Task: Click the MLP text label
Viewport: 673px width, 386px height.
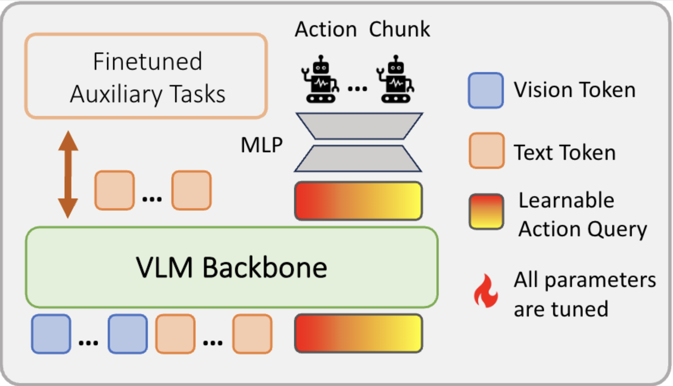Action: [x=262, y=145]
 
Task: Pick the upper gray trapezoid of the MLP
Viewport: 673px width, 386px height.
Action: [x=359, y=126]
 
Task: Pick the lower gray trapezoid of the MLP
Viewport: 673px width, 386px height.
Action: [x=358, y=158]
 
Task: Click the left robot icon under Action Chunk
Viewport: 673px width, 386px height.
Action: [x=320, y=80]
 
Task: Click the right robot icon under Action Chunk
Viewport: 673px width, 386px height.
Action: [x=396, y=80]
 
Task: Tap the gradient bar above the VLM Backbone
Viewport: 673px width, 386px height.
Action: [x=358, y=201]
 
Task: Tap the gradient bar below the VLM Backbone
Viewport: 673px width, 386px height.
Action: [x=358, y=333]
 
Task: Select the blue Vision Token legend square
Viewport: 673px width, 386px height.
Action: [x=486, y=90]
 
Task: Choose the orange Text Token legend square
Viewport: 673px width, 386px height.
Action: [x=486, y=151]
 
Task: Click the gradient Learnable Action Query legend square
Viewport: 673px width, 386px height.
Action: [x=486, y=212]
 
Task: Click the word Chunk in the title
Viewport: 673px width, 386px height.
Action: [x=399, y=29]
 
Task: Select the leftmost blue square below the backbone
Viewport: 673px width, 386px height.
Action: [x=51, y=334]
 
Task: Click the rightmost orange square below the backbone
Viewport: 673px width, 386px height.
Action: [x=252, y=334]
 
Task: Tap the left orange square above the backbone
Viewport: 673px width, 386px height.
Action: [x=115, y=190]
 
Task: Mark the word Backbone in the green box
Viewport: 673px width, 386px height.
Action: [x=265, y=268]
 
